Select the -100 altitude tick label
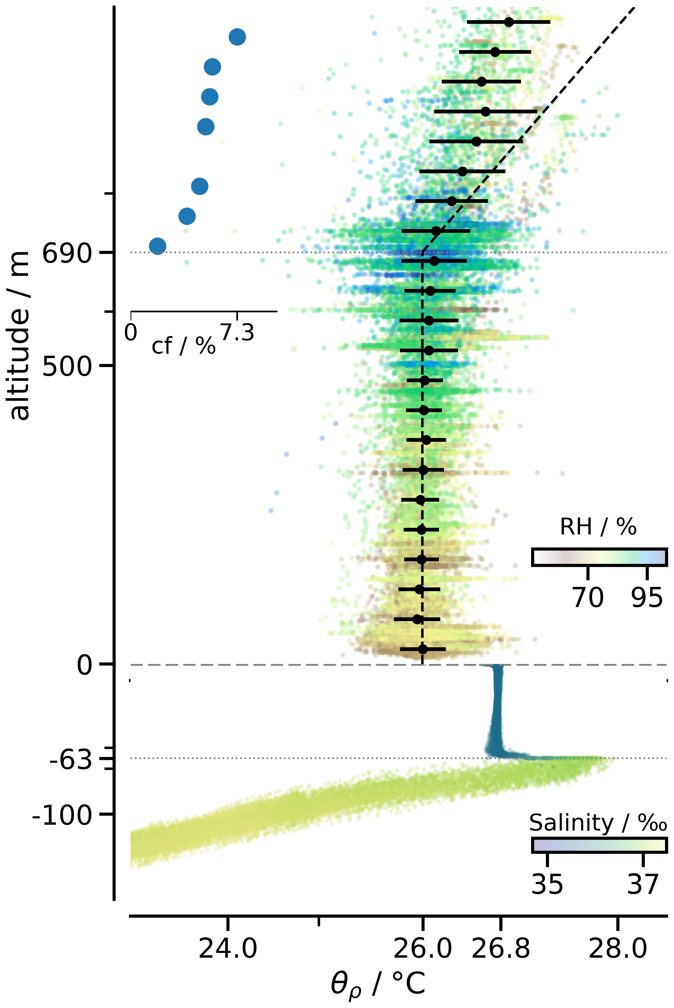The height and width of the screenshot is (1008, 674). pos(62,814)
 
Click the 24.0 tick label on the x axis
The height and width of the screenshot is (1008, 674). pos(228,948)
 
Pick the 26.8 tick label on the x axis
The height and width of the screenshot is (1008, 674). pos(501,948)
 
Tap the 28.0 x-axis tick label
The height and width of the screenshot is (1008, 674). pos(618,948)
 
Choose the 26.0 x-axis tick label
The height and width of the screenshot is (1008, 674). pos(423,948)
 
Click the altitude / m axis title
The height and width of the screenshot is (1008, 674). pos(19,336)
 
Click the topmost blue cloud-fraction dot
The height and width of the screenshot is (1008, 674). pos(237,37)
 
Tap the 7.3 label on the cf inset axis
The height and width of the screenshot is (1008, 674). pos(237,332)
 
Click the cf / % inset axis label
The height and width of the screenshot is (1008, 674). pos(183,345)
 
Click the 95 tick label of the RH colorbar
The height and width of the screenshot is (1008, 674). pos(647,597)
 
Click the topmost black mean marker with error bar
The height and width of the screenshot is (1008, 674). pos(509,22)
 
